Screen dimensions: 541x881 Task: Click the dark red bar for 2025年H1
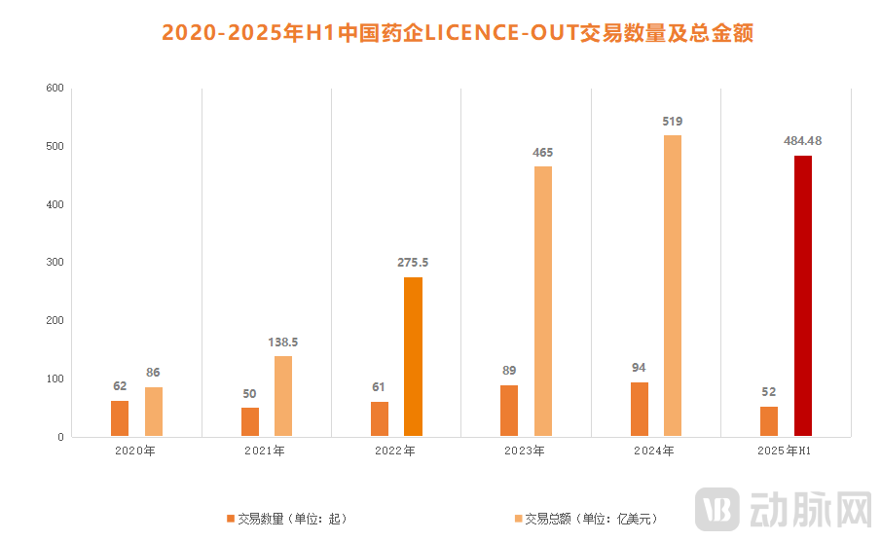tap(803, 296)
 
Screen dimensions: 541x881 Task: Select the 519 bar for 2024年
tap(673, 285)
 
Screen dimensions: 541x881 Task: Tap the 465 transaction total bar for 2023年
tap(543, 301)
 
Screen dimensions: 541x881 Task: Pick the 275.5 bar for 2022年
tap(414, 356)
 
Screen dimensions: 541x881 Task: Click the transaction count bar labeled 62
tap(120, 418)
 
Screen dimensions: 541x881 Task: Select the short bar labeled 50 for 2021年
tap(250, 421)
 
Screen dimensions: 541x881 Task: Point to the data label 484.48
tap(803, 141)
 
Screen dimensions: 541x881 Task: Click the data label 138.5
tap(284, 343)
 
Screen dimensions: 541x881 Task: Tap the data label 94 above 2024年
tap(639, 368)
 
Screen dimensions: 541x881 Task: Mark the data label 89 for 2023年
tap(509, 371)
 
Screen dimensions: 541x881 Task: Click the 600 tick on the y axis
tap(55, 89)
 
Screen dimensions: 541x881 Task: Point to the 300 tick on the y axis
tap(55, 263)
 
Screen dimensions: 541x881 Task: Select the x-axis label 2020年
tap(134, 451)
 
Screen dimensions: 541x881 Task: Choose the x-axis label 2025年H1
tap(786, 451)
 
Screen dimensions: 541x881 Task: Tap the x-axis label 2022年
tap(395, 451)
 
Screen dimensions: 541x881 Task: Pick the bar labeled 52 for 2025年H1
tap(769, 421)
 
